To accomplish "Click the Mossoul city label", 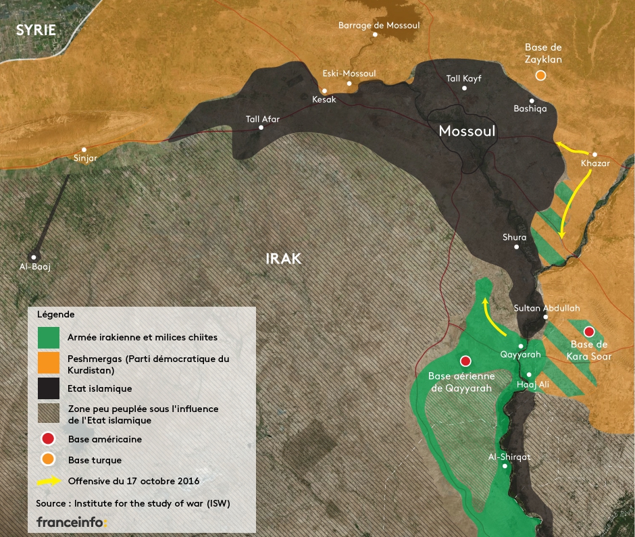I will coord(467,130).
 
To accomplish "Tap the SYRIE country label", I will coord(36,29).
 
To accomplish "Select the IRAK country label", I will coord(283,259).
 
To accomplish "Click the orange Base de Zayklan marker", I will coord(540,76).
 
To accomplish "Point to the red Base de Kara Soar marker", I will coord(588,331).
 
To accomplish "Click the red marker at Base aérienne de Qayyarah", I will coord(465,361).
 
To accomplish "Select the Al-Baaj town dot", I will coord(34,257).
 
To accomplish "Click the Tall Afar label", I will coord(263,119).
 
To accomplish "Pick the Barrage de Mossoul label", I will coord(379,25).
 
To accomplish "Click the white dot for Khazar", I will coord(595,154).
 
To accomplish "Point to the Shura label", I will coord(514,237).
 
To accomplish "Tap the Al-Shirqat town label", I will coord(509,457).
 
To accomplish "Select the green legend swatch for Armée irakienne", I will coord(49,337).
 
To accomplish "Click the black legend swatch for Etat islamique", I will coord(49,388).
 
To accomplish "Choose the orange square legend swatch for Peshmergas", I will coord(49,363).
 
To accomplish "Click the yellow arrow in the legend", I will coord(48,482).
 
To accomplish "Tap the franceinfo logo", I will coord(72,522).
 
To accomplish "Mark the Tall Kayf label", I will coord(463,78).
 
